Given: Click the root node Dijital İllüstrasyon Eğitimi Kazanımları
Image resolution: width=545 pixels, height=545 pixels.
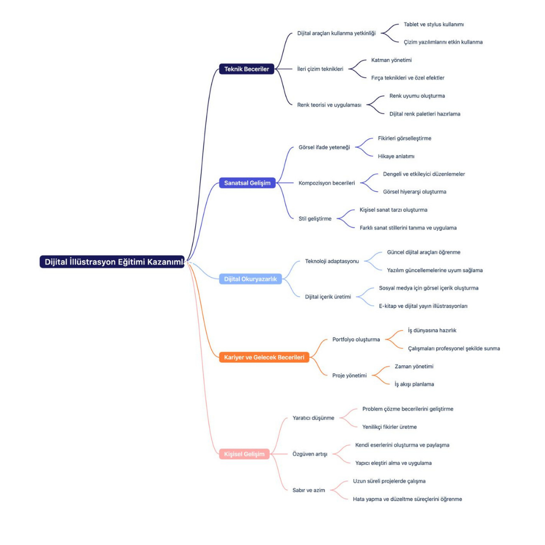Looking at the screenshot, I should click(x=112, y=262).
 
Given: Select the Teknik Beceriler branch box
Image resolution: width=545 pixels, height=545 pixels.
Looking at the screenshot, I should click(x=246, y=69).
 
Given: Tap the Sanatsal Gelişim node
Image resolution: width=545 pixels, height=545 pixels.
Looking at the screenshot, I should click(x=247, y=183).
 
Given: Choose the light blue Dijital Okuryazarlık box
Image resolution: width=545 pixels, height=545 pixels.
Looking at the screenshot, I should click(x=250, y=279).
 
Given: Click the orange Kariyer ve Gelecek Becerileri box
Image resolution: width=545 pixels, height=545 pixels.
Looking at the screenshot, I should click(x=264, y=357).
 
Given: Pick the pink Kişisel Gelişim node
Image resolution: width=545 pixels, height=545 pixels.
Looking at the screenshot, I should click(x=244, y=454).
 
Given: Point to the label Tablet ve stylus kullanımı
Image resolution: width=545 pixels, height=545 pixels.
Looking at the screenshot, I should click(x=433, y=24).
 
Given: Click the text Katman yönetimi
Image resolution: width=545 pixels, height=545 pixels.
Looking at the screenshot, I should click(x=391, y=60).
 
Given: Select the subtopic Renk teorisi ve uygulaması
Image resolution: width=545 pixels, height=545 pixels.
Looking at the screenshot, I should click(x=329, y=105).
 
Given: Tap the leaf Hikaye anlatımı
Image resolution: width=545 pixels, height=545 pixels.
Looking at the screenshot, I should click(x=396, y=156).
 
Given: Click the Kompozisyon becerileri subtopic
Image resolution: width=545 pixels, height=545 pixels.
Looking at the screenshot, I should click(x=326, y=183).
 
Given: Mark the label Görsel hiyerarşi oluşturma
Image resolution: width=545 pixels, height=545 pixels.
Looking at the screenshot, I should click(x=414, y=192).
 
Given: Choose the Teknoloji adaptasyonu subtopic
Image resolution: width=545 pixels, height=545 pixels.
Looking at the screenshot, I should click(x=332, y=261).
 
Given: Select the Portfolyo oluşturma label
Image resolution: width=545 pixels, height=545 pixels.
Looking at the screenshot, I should click(x=356, y=340).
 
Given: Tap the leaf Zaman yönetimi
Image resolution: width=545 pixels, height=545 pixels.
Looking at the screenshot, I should click(x=414, y=366).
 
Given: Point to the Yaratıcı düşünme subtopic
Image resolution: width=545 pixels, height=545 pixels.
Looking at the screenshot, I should click(x=313, y=418).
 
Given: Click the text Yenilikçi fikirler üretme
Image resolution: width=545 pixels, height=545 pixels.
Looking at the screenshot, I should click(x=389, y=427).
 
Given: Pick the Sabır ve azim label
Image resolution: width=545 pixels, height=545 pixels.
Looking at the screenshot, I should click(x=308, y=490).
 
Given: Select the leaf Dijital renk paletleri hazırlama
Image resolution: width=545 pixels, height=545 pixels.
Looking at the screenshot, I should click(x=424, y=114).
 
